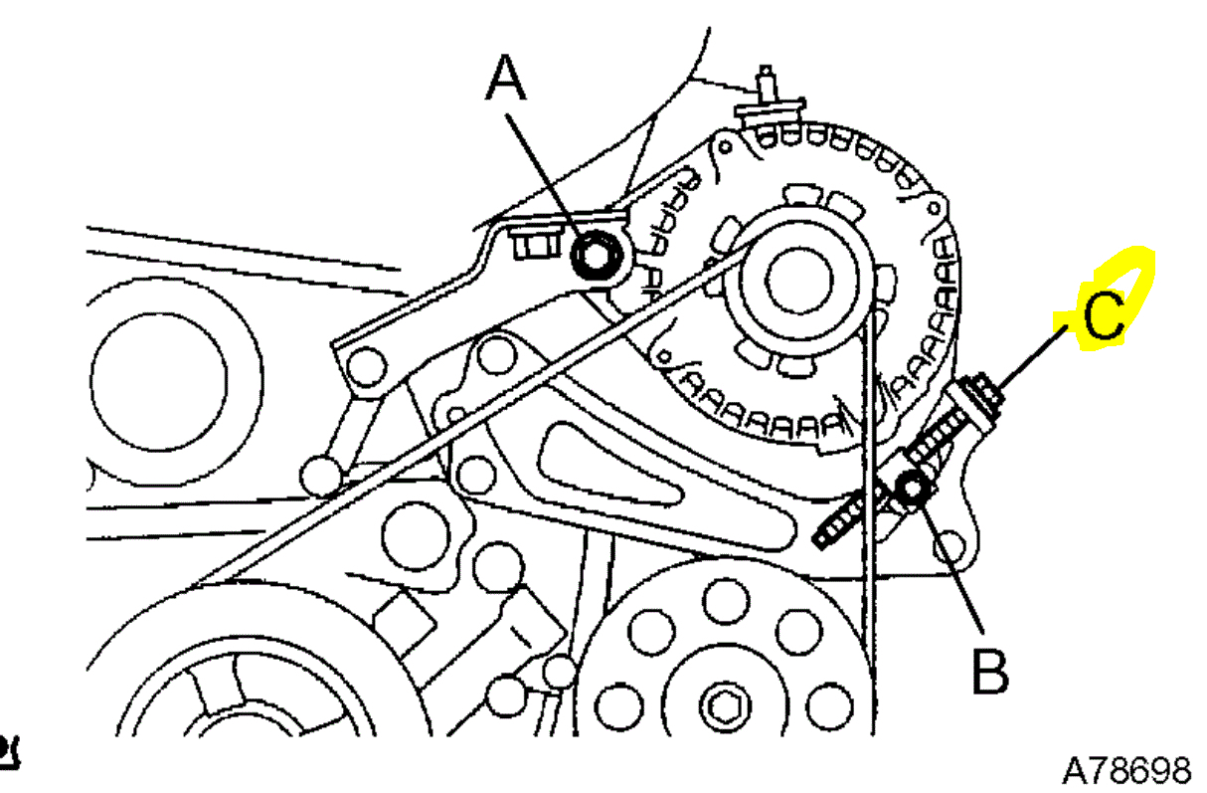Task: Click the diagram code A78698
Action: (1125, 769)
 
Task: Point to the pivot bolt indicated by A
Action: (597, 256)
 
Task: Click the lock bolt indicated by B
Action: (910, 488)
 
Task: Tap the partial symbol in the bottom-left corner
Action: (10, 751)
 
